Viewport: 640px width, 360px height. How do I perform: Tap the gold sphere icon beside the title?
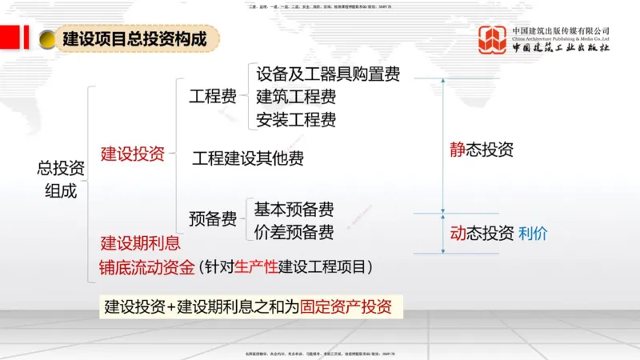pos(47,38)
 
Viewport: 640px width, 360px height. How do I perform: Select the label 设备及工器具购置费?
pos(328,74)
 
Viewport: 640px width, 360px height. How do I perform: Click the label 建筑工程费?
pos(296,97)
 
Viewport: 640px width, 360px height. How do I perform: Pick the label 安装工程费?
pos(296,120)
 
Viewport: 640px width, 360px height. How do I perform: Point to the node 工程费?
pos(213,97)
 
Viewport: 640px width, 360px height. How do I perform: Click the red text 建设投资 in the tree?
pos(133,154)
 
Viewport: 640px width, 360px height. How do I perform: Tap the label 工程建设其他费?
pos(248,158)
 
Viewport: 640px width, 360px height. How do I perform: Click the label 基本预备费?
pos(294,210)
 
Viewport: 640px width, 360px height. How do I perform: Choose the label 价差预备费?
pos(294,232)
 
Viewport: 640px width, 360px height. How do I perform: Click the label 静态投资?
pos(482,150)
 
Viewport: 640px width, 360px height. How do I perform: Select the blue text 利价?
pos(534,234)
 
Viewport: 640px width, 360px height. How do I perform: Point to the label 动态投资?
pos(482,234)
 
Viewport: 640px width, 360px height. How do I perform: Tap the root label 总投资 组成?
pos(61,179)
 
